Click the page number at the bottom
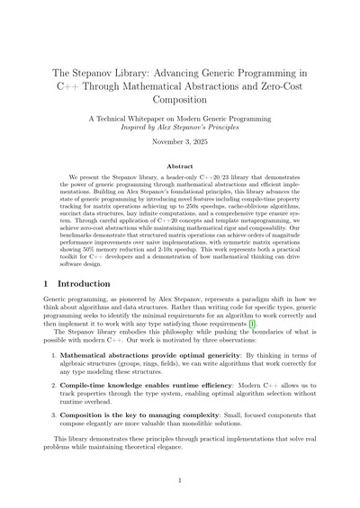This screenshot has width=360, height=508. tap(180, 482)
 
